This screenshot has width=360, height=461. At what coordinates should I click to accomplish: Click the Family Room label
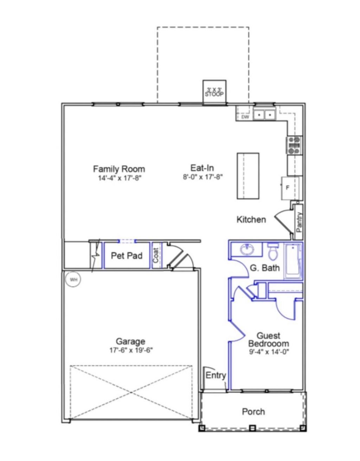[x=119, y=169]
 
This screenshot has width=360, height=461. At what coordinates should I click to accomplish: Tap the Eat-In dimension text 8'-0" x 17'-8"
[x=203, y=177]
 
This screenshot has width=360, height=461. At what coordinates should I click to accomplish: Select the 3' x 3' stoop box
[x=214, y=92]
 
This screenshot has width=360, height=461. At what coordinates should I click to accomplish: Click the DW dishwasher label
[x=245, y=117]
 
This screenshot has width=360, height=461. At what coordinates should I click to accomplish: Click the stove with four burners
[x=295, y=145]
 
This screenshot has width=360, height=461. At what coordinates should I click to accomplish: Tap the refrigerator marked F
[x=290, y=188]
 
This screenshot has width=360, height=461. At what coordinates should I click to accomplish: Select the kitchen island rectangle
[x=248, y=176]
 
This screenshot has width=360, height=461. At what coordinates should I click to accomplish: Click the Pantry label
[x=299, y=222]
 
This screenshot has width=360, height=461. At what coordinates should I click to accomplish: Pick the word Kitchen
[x=251, y=219]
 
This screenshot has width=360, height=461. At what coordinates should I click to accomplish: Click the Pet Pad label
[x=127, y=256]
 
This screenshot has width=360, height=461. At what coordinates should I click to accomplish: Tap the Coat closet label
[x=156, y=255]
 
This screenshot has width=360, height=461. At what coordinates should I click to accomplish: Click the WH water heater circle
[x=73, y=280]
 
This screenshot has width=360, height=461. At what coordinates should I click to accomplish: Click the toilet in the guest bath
[x=272, y=253]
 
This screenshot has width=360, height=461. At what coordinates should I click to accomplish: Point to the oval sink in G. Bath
[x=247, y=249]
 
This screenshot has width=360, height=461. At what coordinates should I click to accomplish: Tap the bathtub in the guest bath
[x=292, y=262]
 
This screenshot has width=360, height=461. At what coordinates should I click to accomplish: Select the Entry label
[x=216, y=376]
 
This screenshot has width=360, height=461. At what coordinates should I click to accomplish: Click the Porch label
[x=253, y=411]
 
